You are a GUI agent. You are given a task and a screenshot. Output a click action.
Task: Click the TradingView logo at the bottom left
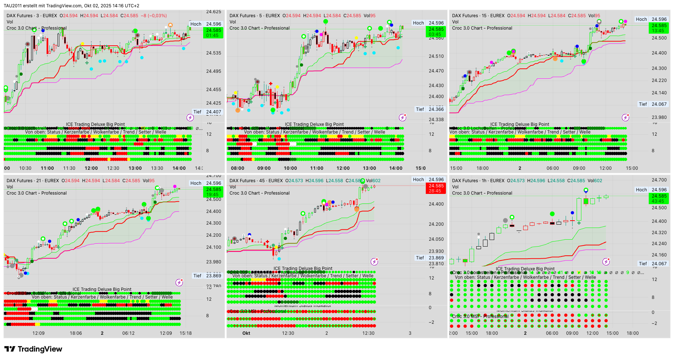pyautogui.click(x=33, y=349)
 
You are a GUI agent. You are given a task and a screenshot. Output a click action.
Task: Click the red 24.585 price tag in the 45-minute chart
pyautogui.click(x=436, y=188)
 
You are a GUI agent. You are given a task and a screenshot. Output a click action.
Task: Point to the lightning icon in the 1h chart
pyautogui.click(x=606, y=262)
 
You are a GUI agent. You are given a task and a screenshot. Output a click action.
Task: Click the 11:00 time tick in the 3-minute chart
pyautogui.click(x=47, y=168)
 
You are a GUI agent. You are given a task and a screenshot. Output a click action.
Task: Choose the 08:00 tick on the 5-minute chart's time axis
pyautogui.click(x=238, y=168)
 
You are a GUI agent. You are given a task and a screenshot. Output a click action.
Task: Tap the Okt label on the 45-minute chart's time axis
pyautogui.click(x=246, y=333)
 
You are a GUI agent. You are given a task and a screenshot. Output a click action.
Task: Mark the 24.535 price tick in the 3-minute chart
pyautogui.click(x=213, y=53)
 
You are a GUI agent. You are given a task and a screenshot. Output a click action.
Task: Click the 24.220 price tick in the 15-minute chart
pyautogui.click(x=659, y=80)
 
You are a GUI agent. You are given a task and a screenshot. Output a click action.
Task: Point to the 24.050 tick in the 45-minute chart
pyautogui.click(x=436, y=239)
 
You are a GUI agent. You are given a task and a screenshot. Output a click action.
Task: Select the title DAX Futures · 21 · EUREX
pyautogui.click(x=33, y=181)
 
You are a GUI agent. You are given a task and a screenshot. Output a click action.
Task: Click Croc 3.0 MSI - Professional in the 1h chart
pyautogui.click(x=480, y=316)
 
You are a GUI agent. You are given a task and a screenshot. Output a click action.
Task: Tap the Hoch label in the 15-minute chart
pyautogui.click(x=641, y=19)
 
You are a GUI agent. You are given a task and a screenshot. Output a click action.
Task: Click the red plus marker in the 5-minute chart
pyautogui.click(x=271, y=84)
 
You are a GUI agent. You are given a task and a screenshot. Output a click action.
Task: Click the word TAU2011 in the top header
pyautogui.click(x=13, y=6)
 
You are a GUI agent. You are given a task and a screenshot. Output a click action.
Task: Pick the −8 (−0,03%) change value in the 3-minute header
pyautogui.click(x=154, y=16)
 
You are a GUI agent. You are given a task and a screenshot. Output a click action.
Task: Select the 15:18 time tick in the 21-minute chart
pyautogui.click(x=186, y=333)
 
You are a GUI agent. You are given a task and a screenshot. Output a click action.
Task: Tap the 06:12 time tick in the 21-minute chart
pyautogui.click(x=129, y=333)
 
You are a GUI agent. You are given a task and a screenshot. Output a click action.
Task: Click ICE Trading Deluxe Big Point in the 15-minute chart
pyautogui.click(x=520, y=124)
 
